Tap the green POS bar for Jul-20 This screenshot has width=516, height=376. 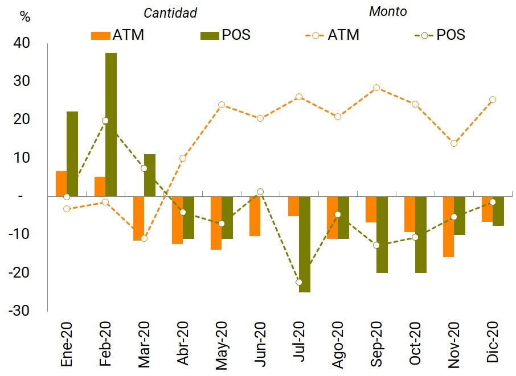tap(305, 244)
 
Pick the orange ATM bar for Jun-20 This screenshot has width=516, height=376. tap(255, 216)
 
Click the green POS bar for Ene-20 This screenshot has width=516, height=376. tap(72, 154)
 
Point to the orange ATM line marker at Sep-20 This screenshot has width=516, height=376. tap(376, 88)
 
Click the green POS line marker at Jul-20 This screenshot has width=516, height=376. tap(299, 282)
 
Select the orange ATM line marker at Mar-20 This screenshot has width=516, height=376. tap(144, 238)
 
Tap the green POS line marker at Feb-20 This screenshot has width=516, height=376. tap(105, 121)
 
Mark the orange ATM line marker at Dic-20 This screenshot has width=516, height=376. tap(493, 100)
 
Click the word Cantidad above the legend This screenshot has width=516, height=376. tap(170, 13)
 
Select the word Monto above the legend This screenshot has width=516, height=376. tap(388, 11)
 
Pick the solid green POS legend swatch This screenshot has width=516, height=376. tap(211, 35)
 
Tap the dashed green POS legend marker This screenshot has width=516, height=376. tap(424, 35)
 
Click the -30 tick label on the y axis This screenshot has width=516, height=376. tap(21, 311)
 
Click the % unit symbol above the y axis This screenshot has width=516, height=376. tap(24, 16)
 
